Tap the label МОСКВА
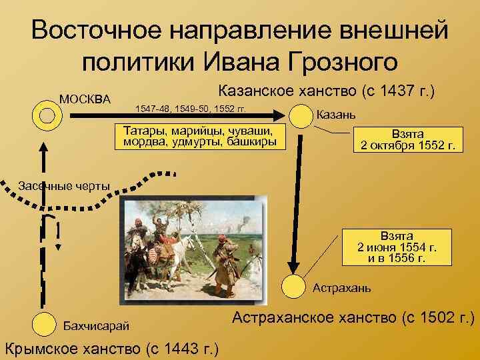85,99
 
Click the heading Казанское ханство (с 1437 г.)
327,91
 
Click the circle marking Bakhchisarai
44,324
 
